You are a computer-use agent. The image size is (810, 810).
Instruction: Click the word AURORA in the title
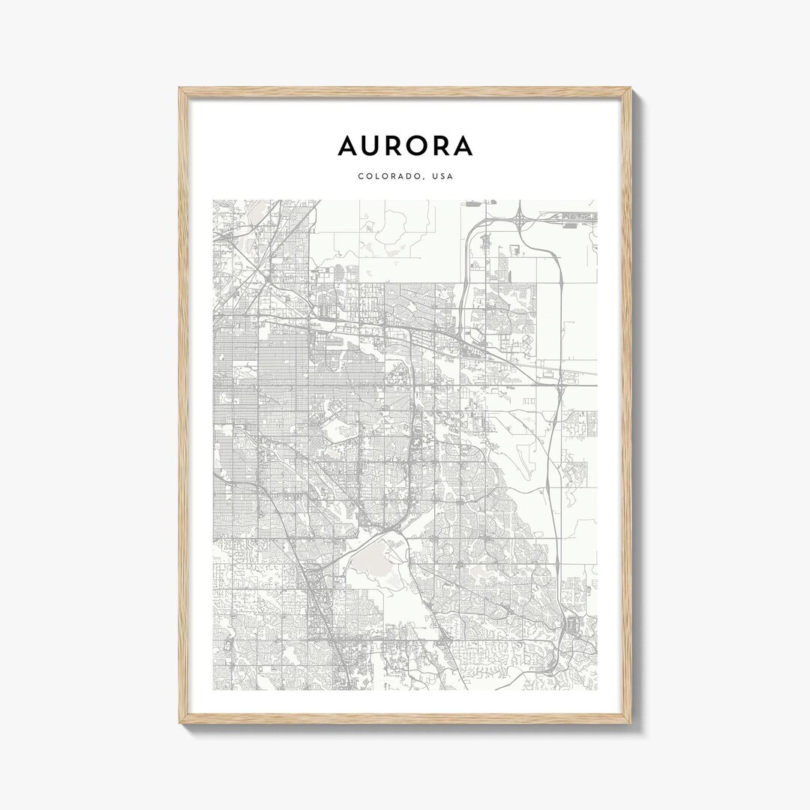[x=405, y=145]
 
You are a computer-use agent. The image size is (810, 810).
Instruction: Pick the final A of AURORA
[x=462, y=145]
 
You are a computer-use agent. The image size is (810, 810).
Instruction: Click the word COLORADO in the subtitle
[x=388, y=176]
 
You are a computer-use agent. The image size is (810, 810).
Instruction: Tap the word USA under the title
[x=442, y=176]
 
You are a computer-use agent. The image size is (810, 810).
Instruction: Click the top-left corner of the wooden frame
[x=180, y=88]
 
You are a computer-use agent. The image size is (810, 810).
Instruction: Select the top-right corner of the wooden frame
[x=631, y=88]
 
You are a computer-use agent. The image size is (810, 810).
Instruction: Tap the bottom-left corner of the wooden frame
[x=180, y=723]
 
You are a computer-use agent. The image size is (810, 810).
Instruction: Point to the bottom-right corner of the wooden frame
[x=631, y=723]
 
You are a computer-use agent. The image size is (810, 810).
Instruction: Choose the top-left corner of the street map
[x=213, y=199]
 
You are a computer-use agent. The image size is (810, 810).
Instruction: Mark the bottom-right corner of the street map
[x=597, y=690]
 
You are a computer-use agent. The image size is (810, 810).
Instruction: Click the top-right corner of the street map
[x=597, y=199]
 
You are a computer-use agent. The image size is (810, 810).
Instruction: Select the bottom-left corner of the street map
[x=213, y=690]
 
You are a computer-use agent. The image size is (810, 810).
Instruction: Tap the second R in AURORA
[x=442, y=145]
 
